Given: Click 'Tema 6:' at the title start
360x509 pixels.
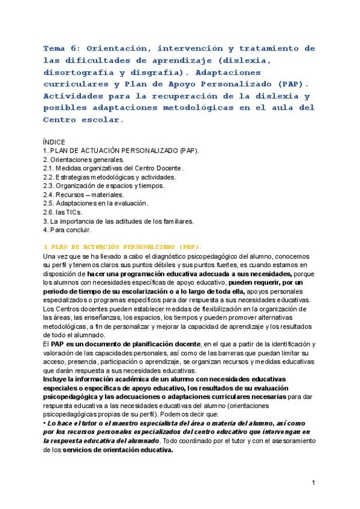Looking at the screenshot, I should tap(62, 47).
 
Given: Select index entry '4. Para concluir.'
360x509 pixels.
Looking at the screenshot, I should tap(67, 229).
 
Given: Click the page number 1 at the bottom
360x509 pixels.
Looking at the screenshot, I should tap(313, 483).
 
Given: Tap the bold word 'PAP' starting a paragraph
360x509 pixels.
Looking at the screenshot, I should tap(57, 343).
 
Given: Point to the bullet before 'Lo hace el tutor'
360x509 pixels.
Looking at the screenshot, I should tap(45, 423).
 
